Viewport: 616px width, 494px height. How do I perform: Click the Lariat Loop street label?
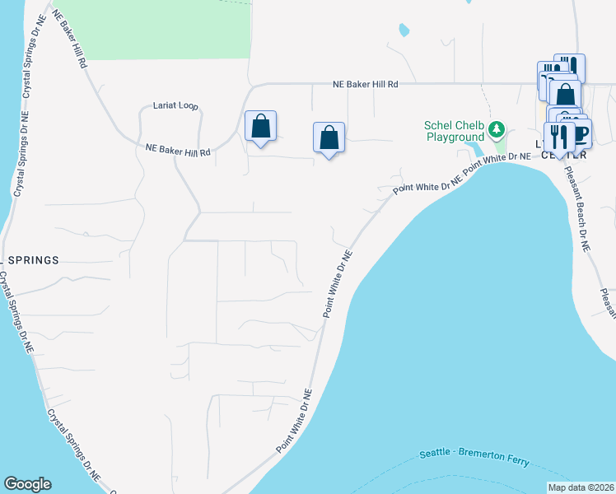(175, 106)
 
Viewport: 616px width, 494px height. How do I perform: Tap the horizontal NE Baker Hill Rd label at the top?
(366, 84)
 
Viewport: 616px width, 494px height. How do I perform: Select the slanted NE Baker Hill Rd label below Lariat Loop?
(178, 151)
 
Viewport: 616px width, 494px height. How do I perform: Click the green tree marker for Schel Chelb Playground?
(496, 129)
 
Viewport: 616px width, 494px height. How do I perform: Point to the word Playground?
(455, 137)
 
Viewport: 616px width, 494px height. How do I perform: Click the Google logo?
(27, 484)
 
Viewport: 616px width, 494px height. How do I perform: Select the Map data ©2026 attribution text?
(581, 487)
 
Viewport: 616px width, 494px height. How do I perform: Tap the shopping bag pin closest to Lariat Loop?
(260, 127)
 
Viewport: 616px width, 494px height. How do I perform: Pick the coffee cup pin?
(579, 133)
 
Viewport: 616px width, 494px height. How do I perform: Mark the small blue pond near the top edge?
(404, 30)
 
